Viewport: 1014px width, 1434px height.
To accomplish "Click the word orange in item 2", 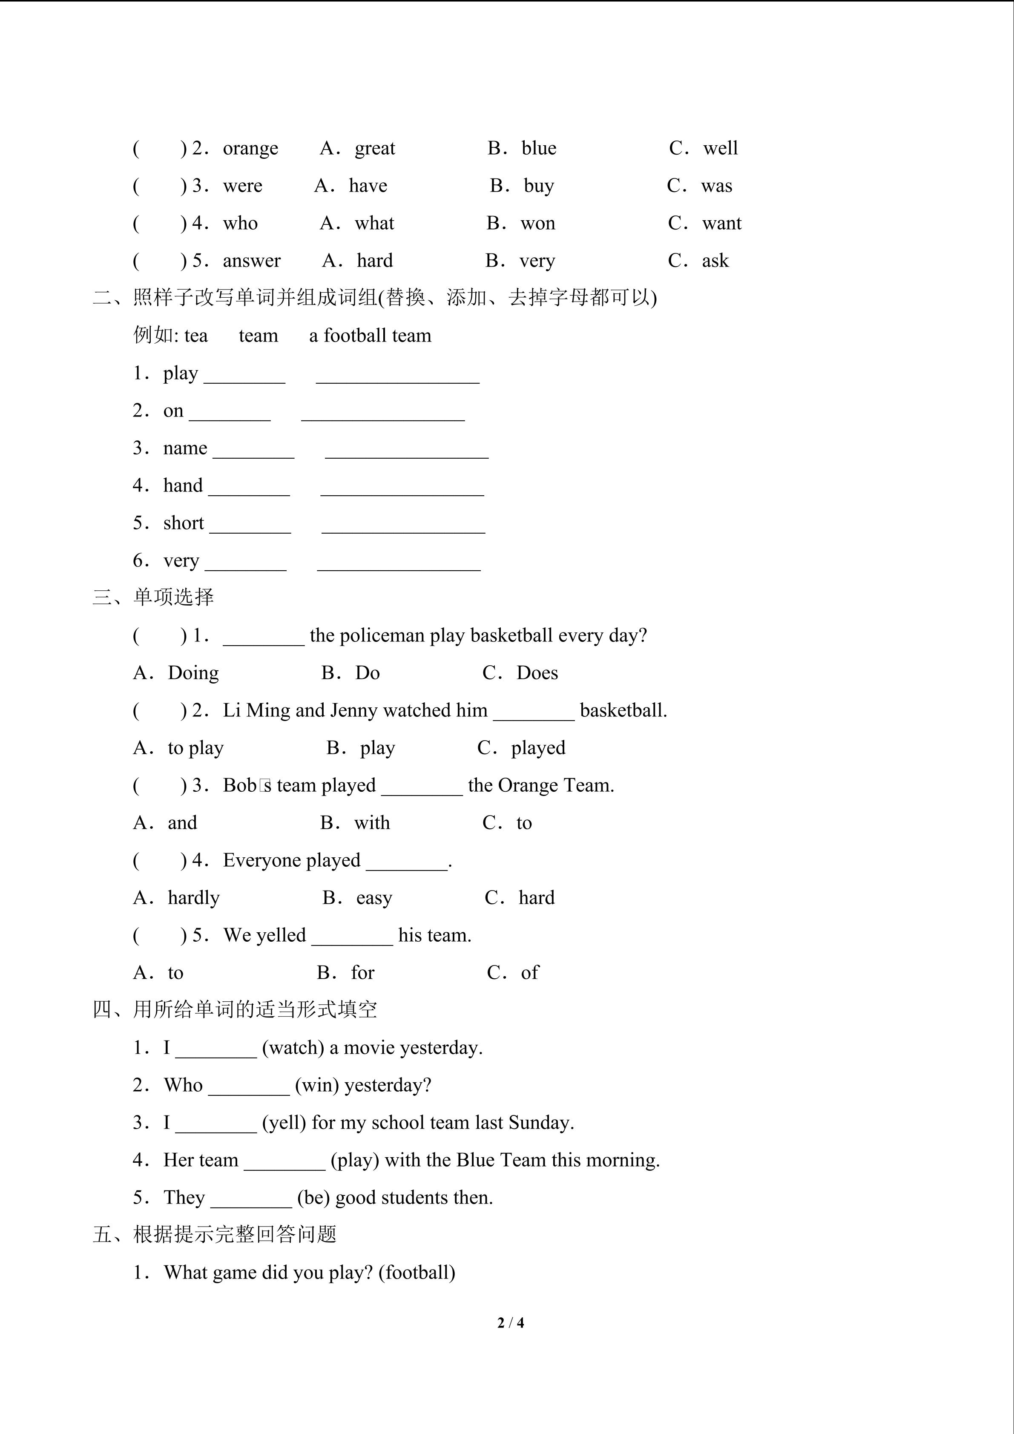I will [250, 149].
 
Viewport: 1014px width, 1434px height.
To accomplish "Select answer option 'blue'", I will [539, 149].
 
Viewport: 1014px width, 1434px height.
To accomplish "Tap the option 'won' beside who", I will [537, 224].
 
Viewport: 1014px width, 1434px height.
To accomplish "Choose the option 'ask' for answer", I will [715, 261].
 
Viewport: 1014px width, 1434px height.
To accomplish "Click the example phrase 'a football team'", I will [370, 336].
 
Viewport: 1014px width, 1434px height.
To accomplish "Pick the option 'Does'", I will [537, 673].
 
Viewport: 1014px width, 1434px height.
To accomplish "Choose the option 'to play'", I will [195, 748].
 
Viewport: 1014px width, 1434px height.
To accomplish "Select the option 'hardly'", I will [194, 898].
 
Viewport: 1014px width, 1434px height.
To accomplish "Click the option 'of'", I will [529, 973].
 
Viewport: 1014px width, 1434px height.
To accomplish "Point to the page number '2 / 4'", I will [510, 1323].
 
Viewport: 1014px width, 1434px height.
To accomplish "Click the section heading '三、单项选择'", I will [154, 598].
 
